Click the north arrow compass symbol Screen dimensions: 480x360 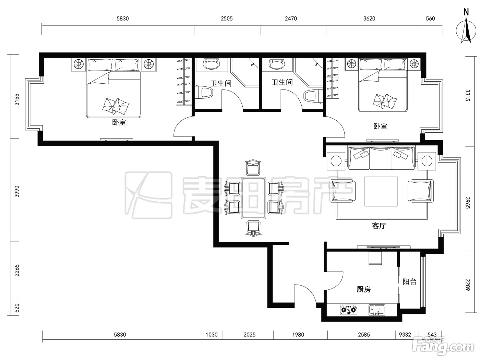pyautogui.click(x=466, y=31)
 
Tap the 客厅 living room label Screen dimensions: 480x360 pyautogui.click(x=379, y=226)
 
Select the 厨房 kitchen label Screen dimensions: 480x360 pyautogui.click(x=364, y=289)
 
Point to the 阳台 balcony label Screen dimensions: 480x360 pyautogui.click(x=409, y=281)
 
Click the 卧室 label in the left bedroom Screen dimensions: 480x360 pyautogui.click(x=119, y=122)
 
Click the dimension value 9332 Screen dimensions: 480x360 pyautogui.click(x=405, y=335)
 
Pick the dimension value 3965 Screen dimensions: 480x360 pyautogui.click(x=467, y=203)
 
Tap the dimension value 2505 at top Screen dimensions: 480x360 pyautogui.click(x=227, y=19)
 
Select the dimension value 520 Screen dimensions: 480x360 pyautogui.click(x=17, y=308)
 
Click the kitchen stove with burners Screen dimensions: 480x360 pyautogui.click(x=349, y=310)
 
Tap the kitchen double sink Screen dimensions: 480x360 pyautogui.click(x=377, y=310)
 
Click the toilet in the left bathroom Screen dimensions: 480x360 pyautogui.click(x=204, y=92)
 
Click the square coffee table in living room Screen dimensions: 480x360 pyautogui.click(x=381, y=191)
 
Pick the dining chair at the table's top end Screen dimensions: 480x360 pyautogui.click(x=253, y=167)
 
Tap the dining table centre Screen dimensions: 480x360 pyautogui.click(x=253, y=198)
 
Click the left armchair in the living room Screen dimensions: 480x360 pyautogui.click(x=343, y=190)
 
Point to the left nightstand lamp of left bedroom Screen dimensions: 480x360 pyautogui.click(x=79, y=64)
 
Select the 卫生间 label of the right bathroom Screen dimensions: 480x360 pyautogui.click(x=282, y=82)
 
